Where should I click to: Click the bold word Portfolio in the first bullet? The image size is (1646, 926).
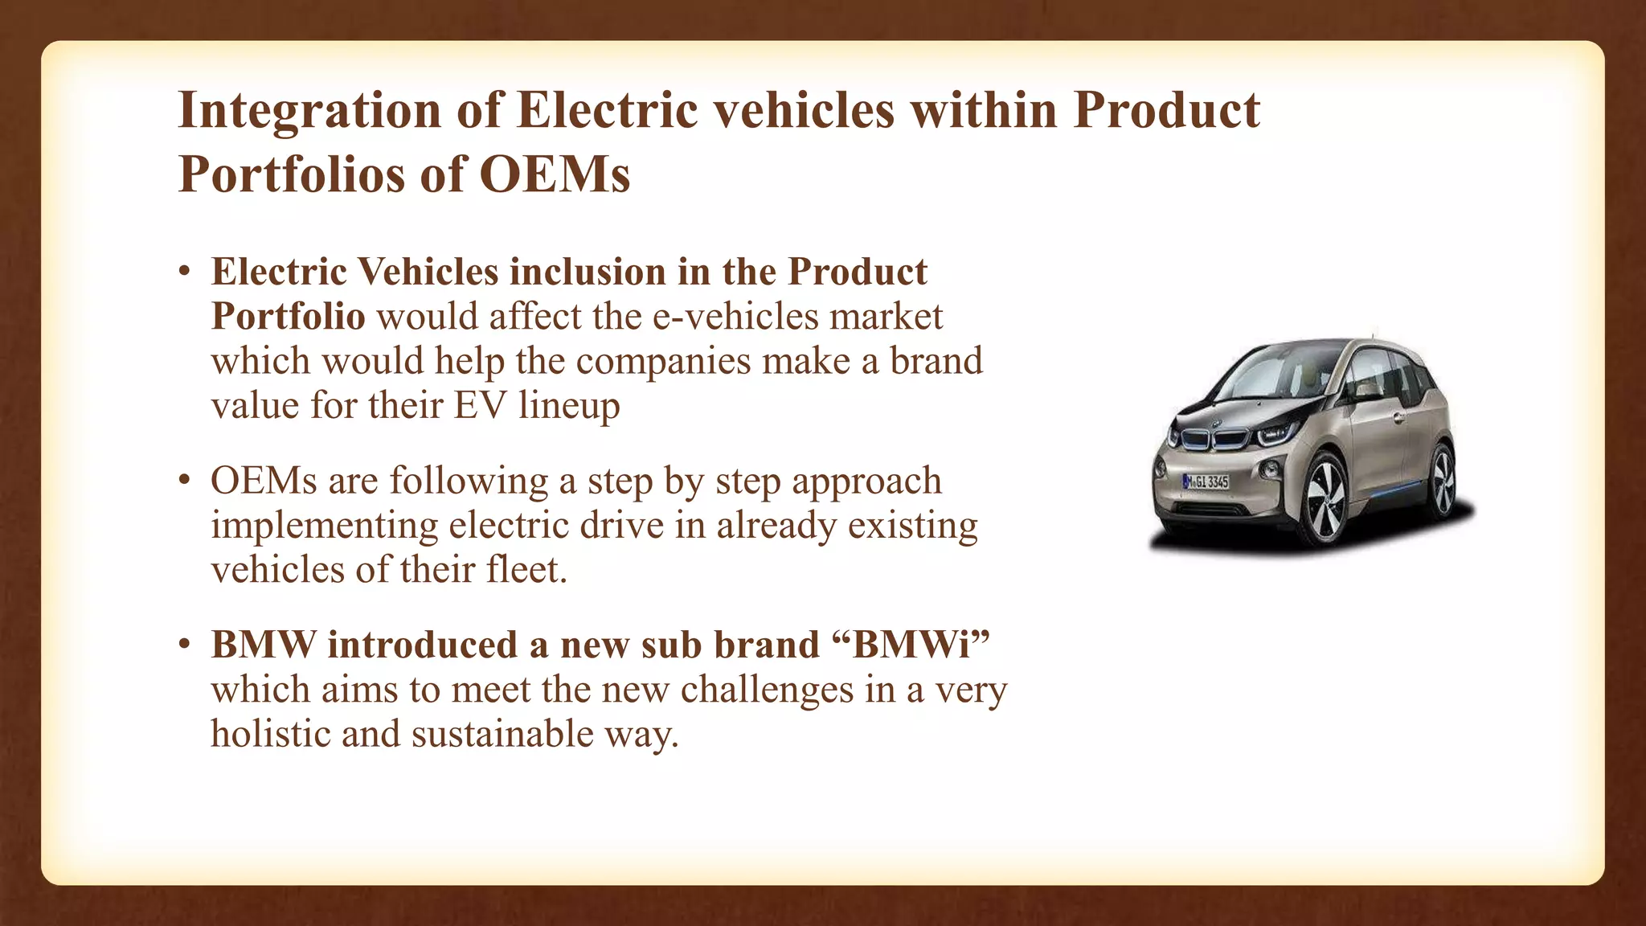tap(289, 316)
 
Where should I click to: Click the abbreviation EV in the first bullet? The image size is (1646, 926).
tap(481, 404)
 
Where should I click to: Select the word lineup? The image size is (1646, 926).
tap(569, 404)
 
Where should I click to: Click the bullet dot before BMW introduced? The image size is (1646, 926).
tap(185, 645)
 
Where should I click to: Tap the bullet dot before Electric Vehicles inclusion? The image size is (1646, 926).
tap(185, 272)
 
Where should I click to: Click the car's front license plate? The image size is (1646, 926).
tap(1206, 481)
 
